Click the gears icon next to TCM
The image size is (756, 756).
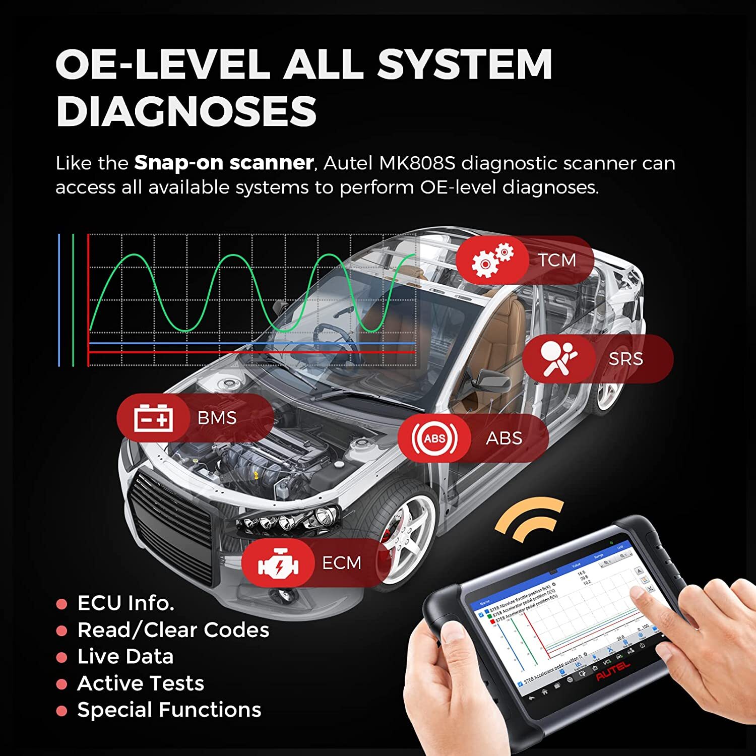coord(491,260)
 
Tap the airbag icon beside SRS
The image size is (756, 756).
coord(559,358)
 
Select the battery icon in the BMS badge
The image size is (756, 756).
coord(153,418)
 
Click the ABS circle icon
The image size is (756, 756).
coord(434,438)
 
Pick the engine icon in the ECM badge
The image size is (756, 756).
coord(278,562)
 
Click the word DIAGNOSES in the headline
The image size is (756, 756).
coord(186,111)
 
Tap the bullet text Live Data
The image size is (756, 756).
coord(125,656)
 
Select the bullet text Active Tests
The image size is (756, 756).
coord(141,683)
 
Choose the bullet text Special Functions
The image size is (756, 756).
coord(169,710)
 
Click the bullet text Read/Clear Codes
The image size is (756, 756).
coord(173,630)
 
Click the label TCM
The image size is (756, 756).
coord(556,260)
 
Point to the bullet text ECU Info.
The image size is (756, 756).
coord(125,603)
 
